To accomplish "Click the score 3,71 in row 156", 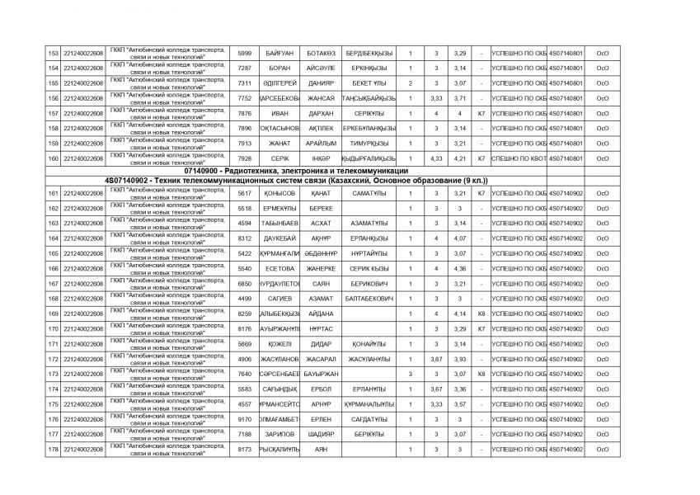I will [460, 98].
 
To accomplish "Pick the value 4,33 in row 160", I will [436, 158].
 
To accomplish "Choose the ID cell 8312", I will [244, 238].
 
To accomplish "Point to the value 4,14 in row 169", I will [460, 313].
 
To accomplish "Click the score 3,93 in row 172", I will [460, 359].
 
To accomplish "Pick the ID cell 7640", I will [244, 374].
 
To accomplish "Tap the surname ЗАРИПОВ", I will [280, 434].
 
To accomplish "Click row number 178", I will [53, 449].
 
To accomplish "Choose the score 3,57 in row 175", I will [460, 404].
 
